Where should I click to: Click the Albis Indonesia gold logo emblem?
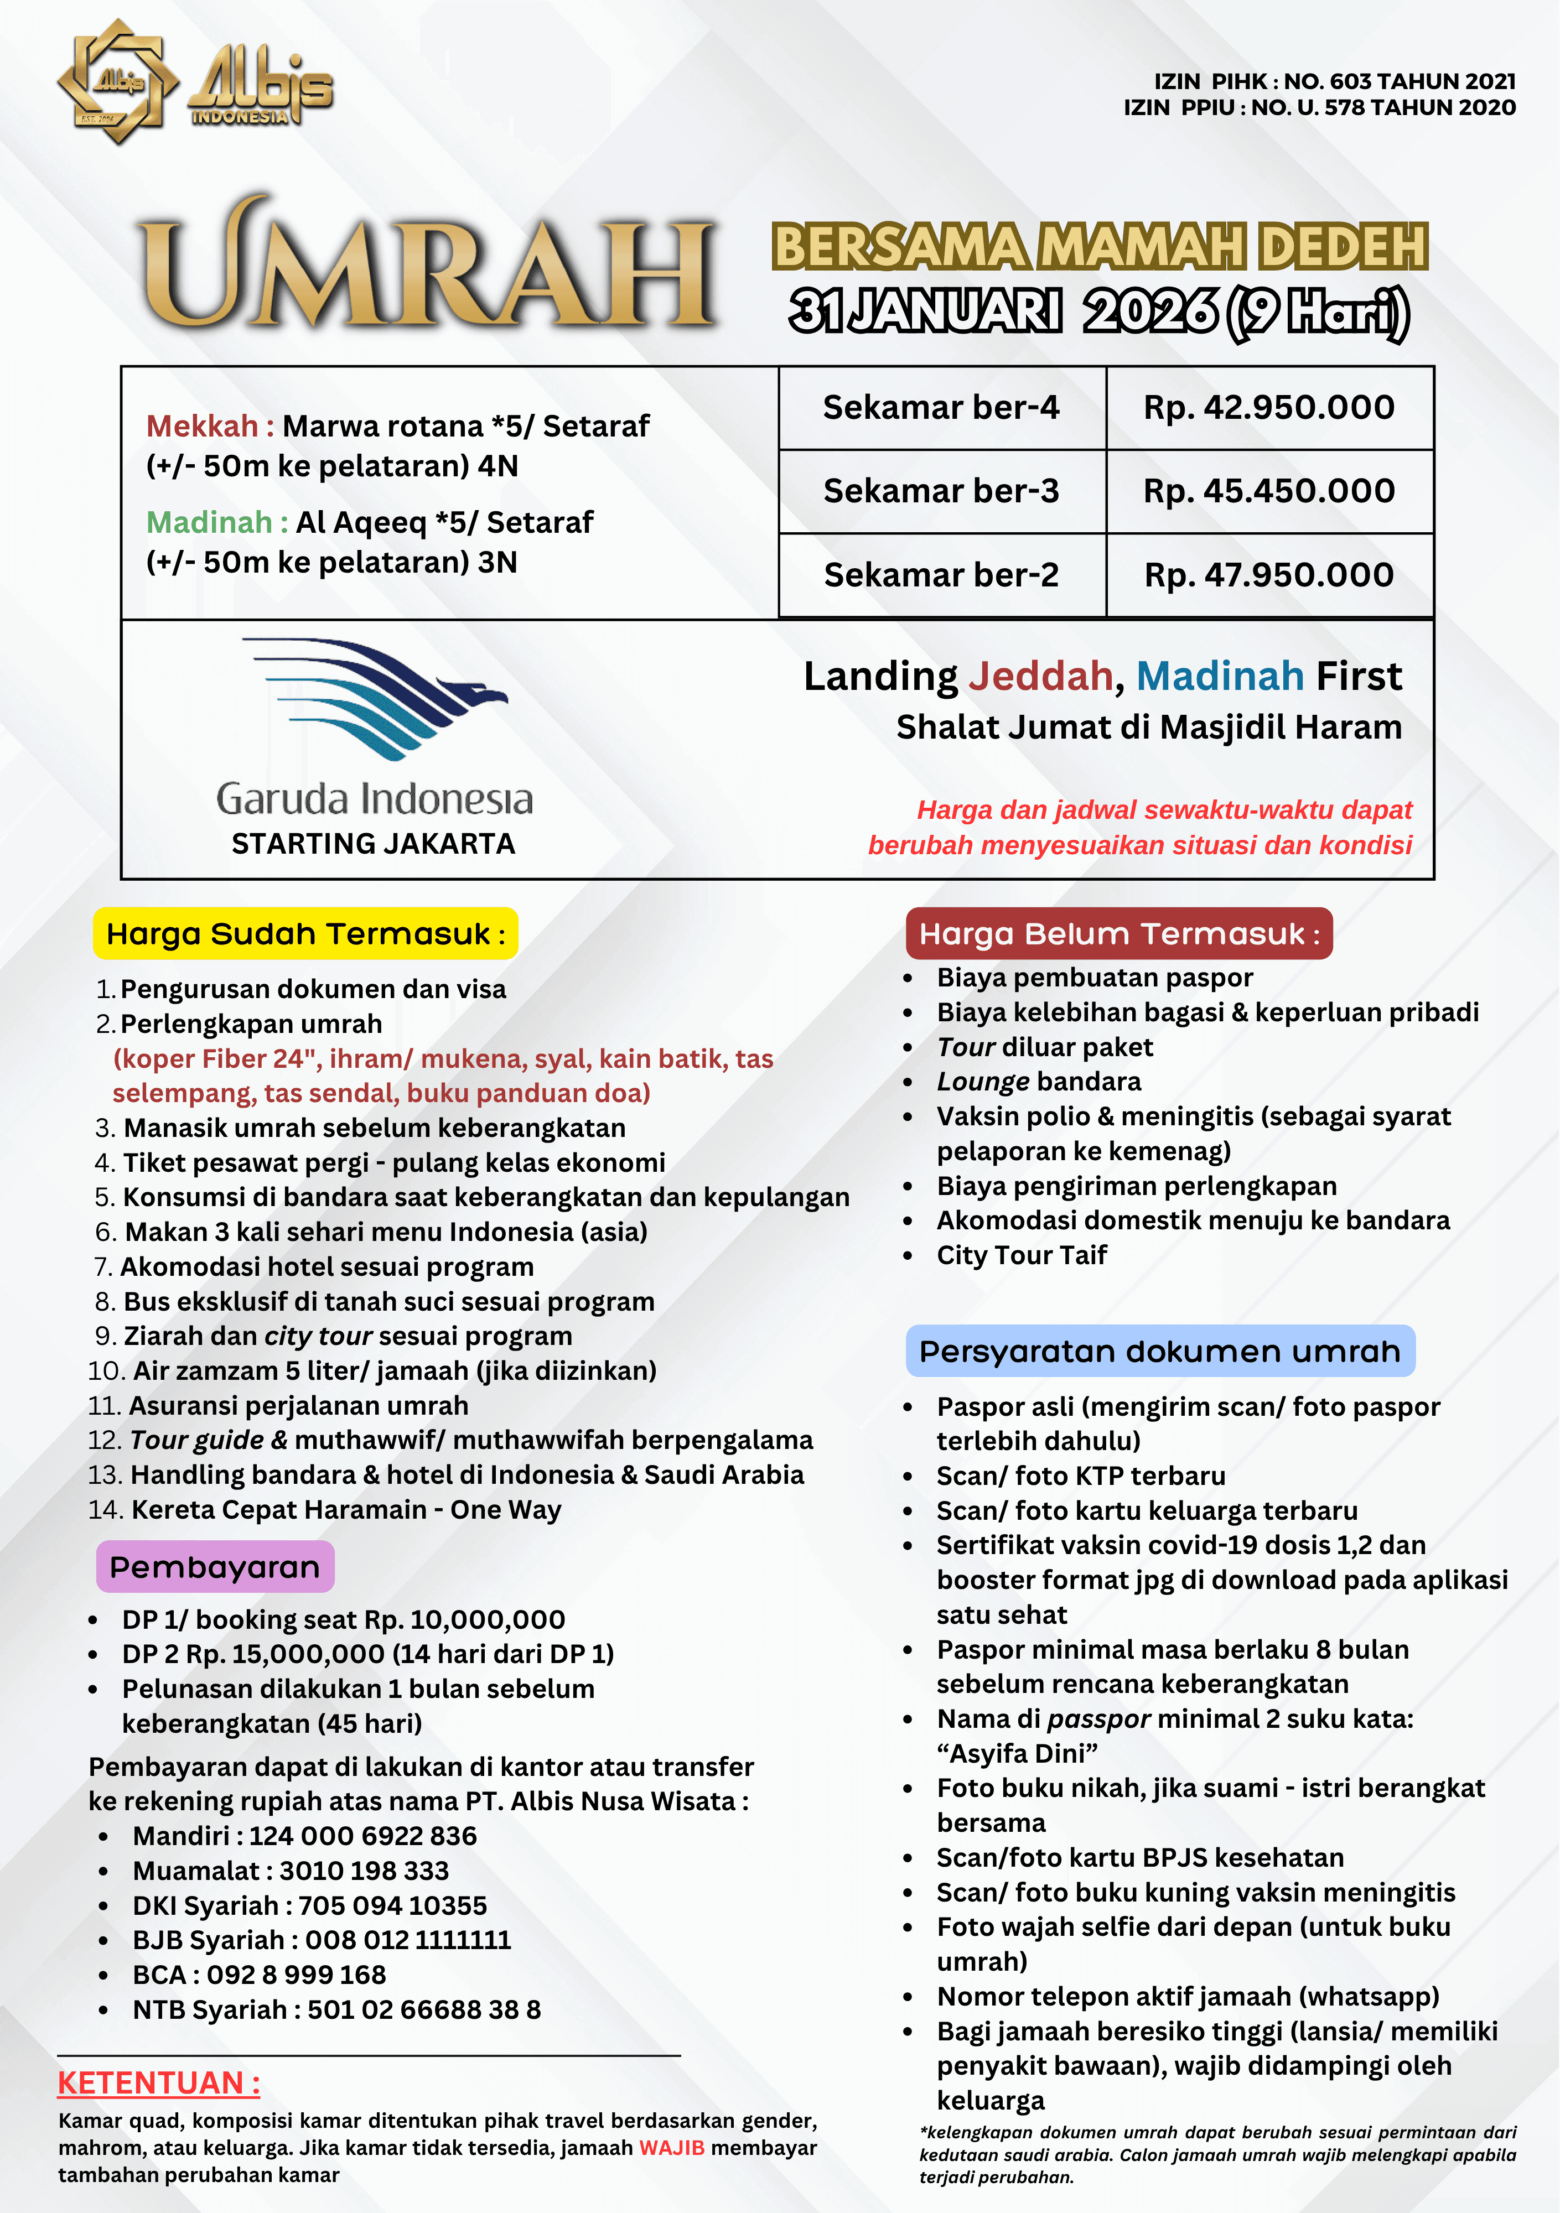(x=118, y=82)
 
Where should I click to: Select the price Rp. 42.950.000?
(x=1269, y=408)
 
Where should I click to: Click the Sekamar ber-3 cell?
(x=941, y=491)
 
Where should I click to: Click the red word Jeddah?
(x=1040, y=677)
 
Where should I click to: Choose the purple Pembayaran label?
(x=215, y=1567)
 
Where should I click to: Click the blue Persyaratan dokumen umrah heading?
(x=1160, y=1352)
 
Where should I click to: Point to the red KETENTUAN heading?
(x=159, y=2083)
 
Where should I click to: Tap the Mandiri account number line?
(x=305, y=1836)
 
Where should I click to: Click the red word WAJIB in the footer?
(x=671, y=2148)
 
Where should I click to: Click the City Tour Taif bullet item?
(x=1021, y=1255)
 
